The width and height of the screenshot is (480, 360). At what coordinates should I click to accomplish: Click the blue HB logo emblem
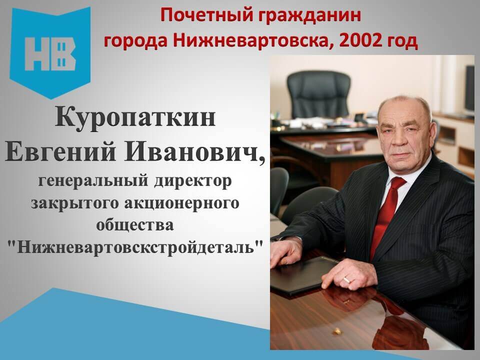pos(50,52)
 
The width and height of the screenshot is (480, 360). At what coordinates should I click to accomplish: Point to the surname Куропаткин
pos(135,118)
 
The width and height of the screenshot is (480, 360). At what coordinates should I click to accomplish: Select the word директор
pos(193,180)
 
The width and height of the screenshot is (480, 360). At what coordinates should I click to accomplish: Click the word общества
pos(135,224)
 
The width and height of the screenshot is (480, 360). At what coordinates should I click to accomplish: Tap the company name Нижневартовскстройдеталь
pos(135,246)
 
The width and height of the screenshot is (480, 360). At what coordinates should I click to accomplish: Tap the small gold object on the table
pos(337,331)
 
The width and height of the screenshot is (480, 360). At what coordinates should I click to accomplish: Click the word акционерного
pos(182,203)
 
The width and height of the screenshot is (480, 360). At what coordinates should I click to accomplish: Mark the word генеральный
pos(93,180)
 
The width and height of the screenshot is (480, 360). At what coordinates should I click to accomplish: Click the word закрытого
pos(74,203)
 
